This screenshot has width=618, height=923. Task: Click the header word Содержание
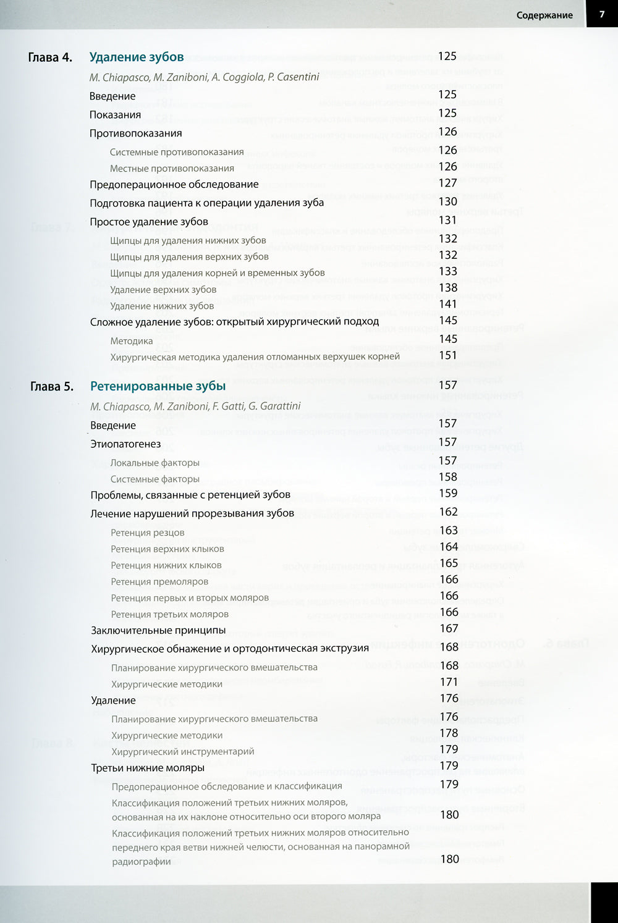pos(544,15)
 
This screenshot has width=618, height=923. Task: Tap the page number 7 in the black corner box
pos(601,14)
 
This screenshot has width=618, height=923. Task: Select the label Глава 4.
pos(50,57)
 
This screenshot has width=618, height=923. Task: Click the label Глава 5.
pos(51,387)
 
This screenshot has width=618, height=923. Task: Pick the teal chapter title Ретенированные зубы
pos(158,386)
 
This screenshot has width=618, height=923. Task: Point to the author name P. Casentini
pos(294,77)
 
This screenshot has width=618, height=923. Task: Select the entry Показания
pos(115,114)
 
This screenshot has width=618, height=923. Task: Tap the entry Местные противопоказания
pos(172,168)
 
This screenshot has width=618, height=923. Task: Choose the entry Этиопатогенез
pos(125,444)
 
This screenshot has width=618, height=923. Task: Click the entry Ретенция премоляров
pos(159,581)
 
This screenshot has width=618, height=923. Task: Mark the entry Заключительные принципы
pos(158,630)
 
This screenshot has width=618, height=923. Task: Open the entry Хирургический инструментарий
pos(182,751)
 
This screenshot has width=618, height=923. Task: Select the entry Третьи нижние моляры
pos(148,768)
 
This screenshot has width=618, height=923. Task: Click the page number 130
pos(447,201)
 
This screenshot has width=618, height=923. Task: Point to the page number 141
pos(447,304)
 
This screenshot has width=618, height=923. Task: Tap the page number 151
pos(447,355)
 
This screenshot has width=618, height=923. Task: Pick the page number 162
pos(448,512)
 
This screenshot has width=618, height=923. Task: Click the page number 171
pos(449,682)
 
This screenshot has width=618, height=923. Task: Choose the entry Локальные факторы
pos(154,463)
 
